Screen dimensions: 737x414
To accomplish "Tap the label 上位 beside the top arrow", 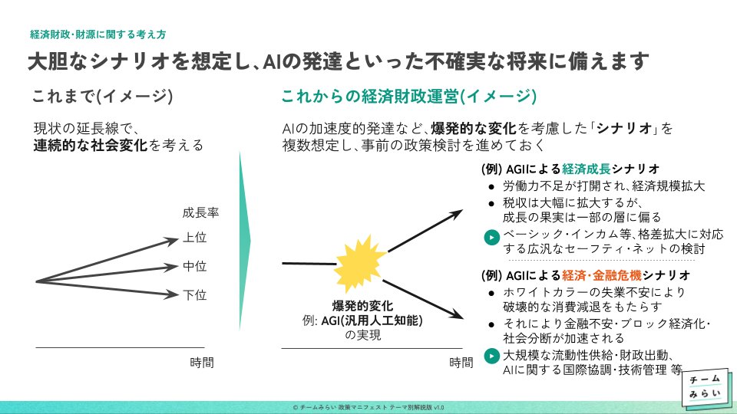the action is point(194,238).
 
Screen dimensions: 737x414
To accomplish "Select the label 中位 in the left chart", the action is point(194,266).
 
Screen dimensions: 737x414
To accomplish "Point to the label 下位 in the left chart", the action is point(194,294).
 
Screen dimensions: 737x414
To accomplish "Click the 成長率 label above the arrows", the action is point(200,212).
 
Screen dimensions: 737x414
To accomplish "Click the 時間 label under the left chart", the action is point(202,363).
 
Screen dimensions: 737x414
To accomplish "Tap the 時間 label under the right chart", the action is point(461,363).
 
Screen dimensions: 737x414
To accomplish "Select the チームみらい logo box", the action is point(707,386).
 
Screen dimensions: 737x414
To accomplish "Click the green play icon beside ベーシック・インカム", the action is point(491,238).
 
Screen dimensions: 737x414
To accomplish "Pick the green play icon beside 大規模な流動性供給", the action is point(491,356).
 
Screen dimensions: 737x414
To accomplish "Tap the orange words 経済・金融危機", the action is point(602,275).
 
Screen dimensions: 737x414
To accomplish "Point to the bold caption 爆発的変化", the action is point(362,306).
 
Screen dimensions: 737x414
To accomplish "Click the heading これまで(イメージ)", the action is point(102,97).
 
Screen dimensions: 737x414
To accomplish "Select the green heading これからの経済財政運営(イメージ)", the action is point(409,97).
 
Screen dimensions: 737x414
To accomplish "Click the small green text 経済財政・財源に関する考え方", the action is point(97,34).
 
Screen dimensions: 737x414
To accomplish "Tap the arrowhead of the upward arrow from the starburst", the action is point(457,214).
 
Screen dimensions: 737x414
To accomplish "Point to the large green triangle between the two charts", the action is point(245,241).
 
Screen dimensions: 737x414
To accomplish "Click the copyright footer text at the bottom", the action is point(368,407).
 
